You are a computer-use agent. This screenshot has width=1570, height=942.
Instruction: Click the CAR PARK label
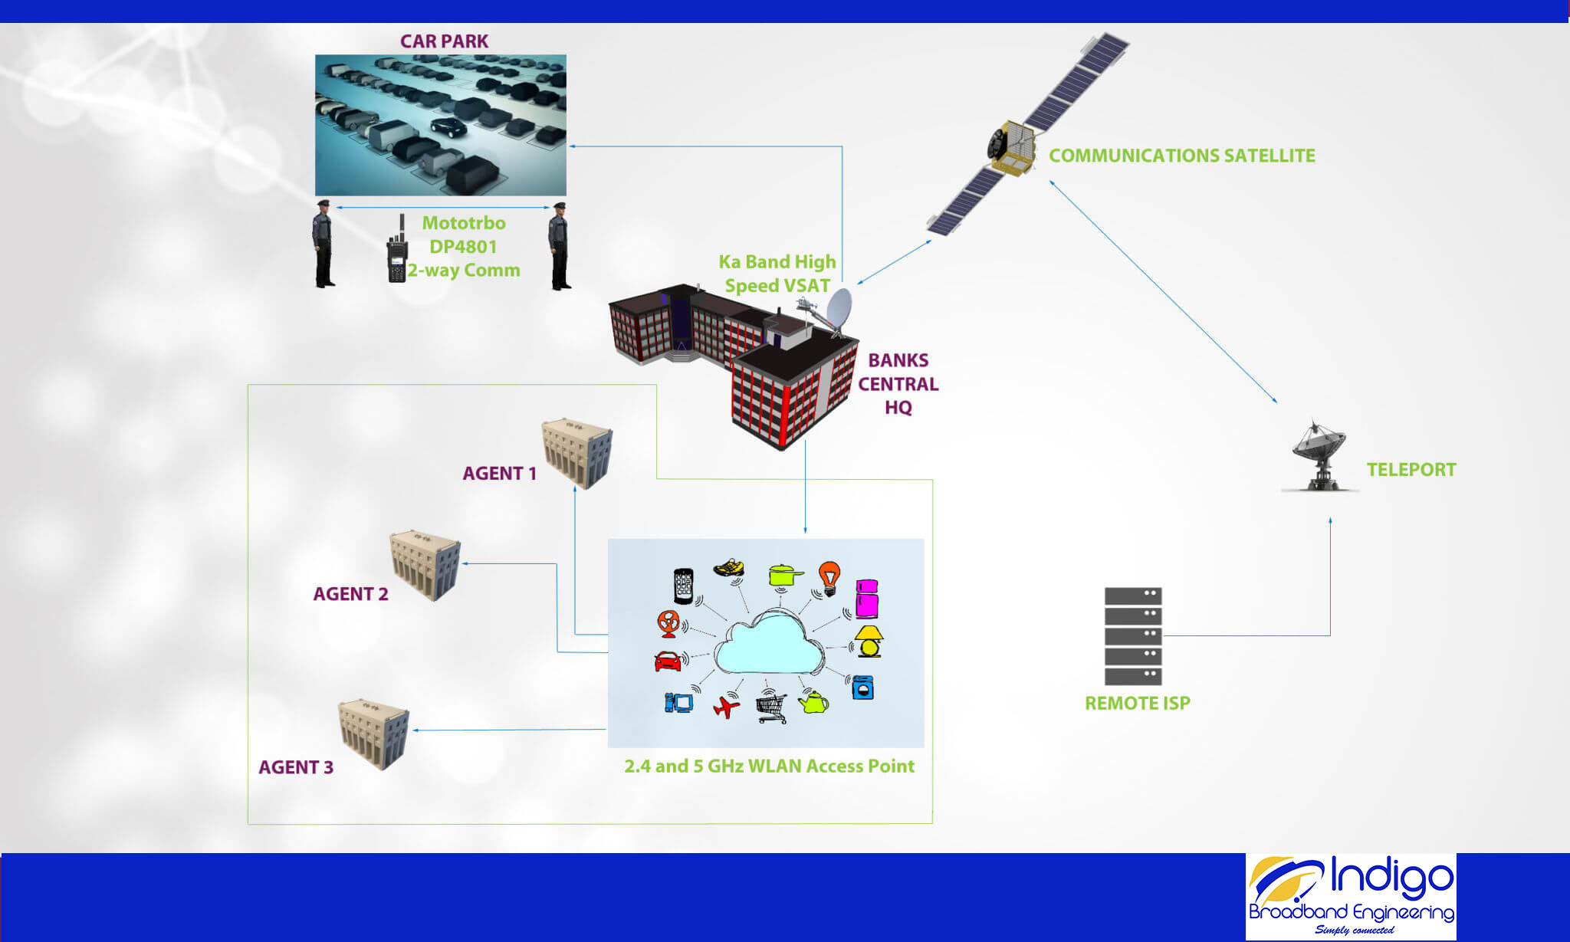pyautogui.click(x=444, y=41)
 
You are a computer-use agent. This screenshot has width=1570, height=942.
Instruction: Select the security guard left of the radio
pyautogui.click(x=324, y=245)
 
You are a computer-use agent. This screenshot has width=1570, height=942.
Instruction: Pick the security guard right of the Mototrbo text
pyautogui.click(x=560, y=246)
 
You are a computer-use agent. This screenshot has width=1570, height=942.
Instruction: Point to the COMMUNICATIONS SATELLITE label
pyautogui.click(x=1181, y=156)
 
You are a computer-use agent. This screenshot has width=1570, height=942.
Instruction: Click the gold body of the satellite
pyautogui.click(x=1012, y=146)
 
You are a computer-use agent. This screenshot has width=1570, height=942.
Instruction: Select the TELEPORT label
pyautogui.click(x=1411, y=470)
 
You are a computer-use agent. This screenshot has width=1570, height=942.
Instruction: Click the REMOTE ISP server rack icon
pyautogui.click(x=1132, y=635)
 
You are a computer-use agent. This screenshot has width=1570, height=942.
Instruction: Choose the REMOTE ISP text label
pyautogui.click(x=1137, y=703)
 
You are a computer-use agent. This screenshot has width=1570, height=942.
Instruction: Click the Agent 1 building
pyautogui.click(x=577, y=452)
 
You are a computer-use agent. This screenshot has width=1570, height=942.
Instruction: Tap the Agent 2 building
pyautogui.click(x=425, y=564)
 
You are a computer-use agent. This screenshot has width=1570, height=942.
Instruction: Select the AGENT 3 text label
pyautogui.click(x=296, y=767)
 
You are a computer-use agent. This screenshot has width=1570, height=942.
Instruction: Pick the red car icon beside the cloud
pyautogui.click(x=668, y=661)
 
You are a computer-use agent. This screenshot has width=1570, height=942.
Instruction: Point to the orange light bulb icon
pyautogui.click(x=829, y=576)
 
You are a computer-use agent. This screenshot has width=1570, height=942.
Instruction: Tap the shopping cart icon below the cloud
pyautogui.click(x=771, y=707)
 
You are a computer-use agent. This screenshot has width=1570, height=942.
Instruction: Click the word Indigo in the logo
pyautogui.click(x=1391, y=878)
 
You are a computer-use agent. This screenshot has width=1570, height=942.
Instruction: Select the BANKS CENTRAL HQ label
pyautogui.click(x=898, y=383)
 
